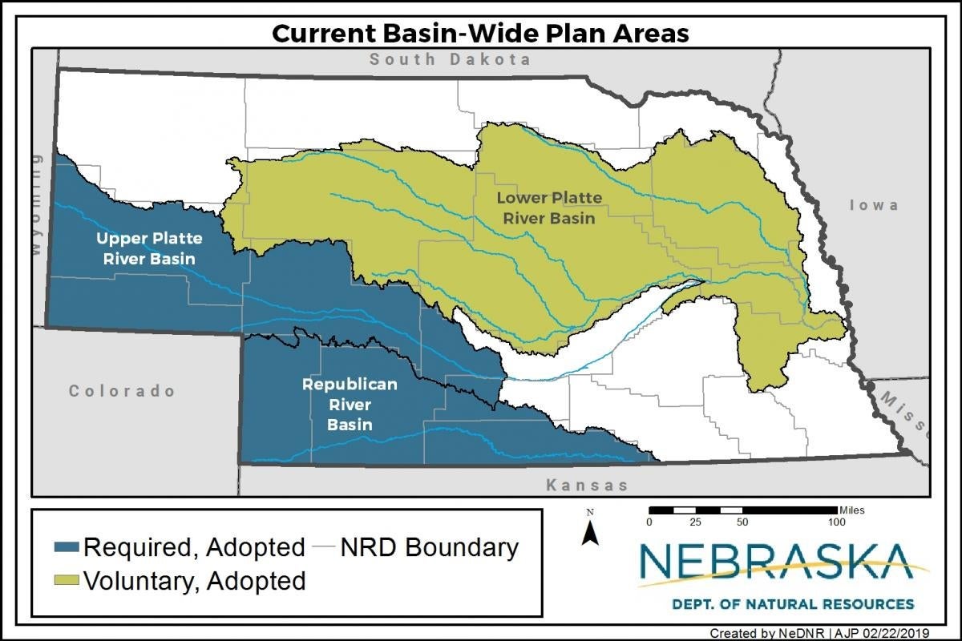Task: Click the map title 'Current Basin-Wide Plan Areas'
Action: (x=480, y=33)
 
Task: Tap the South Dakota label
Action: (x=450, y=59)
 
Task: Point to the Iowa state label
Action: (x=873, y=205)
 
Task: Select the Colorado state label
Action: (x=122, y=391)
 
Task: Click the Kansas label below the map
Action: (x=587, y=485)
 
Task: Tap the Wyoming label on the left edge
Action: (x=35, y=205)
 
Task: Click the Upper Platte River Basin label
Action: (x=149, y=248)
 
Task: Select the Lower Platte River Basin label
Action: (x=549, y=208)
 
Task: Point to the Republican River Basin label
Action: (x=349, y=404)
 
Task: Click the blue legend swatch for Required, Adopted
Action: (x=67, y=547)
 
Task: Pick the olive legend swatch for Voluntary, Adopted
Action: (x=67, y=579)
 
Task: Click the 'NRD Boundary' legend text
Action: (x=430, y=547)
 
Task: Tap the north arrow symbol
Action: (x=590, y=530)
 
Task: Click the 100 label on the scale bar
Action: (x=836, y=522)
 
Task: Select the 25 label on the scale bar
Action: (x=696, y=522)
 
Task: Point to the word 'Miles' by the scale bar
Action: (x=851, y=510)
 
